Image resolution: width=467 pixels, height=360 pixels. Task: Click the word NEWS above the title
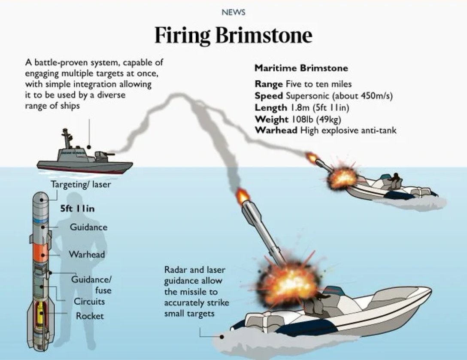click(233, 12)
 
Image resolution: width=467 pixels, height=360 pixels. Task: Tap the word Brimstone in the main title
click(264, 35)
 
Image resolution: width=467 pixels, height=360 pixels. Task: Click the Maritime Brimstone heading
click(301, 68)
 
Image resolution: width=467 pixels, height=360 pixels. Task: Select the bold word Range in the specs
click(268, 84)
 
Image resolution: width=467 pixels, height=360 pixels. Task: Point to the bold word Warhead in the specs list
click(276, 130)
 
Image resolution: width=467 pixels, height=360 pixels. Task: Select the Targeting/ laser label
click(81, 185)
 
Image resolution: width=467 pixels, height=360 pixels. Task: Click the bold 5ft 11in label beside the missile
click(78, 209)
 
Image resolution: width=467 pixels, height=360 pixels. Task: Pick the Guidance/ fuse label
click(91, 284)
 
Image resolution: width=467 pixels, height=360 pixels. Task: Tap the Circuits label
click(89, 301)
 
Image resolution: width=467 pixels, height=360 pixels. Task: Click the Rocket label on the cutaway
click(90, 316)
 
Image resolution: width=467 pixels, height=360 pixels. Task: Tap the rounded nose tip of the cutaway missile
click(41, 197)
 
